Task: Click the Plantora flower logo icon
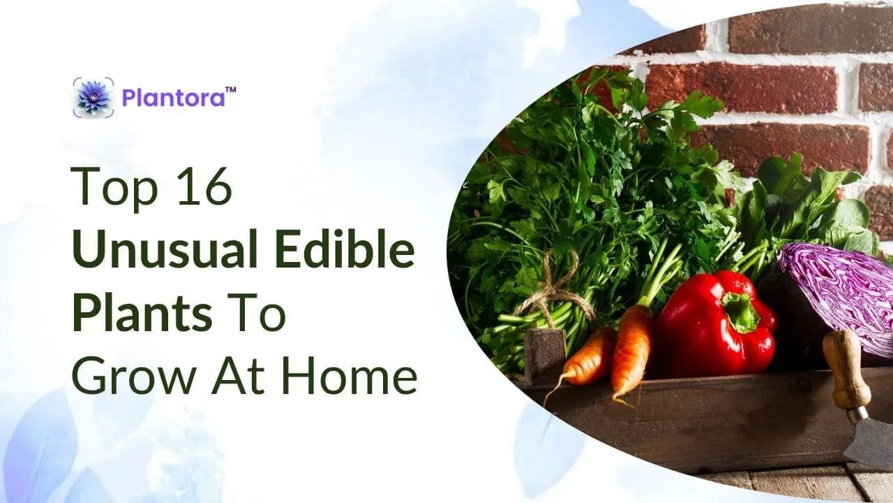[93, 97]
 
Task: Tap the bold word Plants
[142, 313]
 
